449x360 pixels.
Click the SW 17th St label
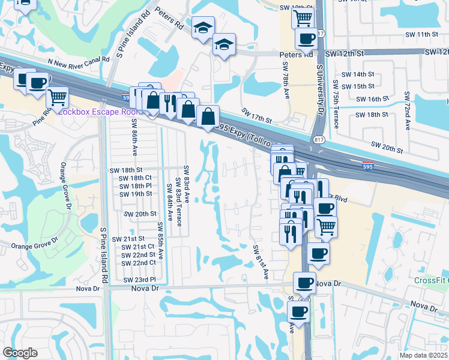[258, 112]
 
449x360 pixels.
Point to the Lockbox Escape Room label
[96, 112]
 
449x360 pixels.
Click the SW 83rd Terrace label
[178, 193]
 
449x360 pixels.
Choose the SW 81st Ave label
[261, 262]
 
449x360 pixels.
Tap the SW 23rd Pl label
[139, 280]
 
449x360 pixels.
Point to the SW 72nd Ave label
[407, 112]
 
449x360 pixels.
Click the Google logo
[20, 353]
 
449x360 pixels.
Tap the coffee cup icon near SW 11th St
[306, 39]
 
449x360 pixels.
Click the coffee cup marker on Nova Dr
[304, 282]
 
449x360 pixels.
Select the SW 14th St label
[358, 74]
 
